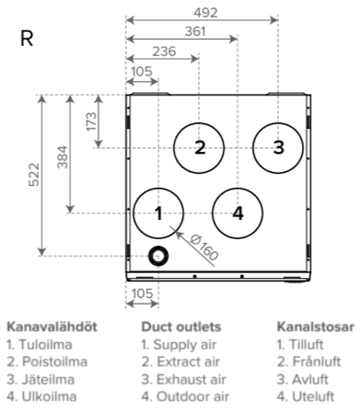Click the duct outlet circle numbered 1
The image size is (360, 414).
pos(134,213)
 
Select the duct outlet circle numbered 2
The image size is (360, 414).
pos(174,148)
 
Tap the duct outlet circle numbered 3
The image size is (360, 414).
pos(253,148)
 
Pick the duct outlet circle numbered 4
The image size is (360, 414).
pos(213,213)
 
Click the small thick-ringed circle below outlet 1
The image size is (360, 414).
pos(149,256)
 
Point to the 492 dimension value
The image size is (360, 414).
pos(205,13)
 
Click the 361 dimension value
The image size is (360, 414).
pos(195,31)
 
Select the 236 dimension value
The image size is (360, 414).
pos(164,52)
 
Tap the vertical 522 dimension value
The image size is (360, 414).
pos(34,175)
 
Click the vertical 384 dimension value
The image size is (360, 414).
pos(63,157)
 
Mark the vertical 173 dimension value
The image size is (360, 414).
pos(91,121)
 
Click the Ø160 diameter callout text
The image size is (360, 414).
pos(203,247)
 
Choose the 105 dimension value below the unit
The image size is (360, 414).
pos(142,293)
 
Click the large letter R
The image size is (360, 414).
pos(27,39)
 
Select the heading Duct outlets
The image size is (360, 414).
pos(181,327)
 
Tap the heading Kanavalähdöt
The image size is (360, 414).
pos(52,327)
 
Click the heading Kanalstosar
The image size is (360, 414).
pos(316,327)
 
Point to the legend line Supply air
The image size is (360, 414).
pos(179,345)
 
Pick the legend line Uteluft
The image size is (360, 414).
pos(306,397)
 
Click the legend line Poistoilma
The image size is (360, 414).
pos(47,362)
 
